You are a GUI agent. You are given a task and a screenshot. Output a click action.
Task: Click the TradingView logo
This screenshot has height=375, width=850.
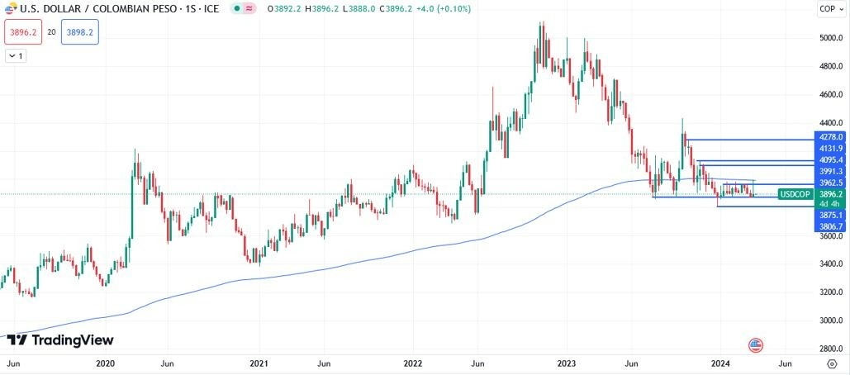coord(59,340)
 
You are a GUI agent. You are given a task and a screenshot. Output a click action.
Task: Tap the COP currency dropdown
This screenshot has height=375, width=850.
coord(829,9)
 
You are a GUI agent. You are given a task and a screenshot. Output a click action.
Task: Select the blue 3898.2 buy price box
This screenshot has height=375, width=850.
coord(79,31)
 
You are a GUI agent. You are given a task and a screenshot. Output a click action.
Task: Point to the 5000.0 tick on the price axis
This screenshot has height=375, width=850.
coord(829,38)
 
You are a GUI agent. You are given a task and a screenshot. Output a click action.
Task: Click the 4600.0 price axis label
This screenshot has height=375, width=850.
coord(829,95)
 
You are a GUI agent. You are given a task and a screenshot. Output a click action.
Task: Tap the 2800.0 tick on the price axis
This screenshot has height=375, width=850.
coord(829,349)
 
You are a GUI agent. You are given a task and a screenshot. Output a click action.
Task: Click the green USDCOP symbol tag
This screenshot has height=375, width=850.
coord(795,194)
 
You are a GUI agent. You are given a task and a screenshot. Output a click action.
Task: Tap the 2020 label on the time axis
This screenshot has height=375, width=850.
coord(105,363)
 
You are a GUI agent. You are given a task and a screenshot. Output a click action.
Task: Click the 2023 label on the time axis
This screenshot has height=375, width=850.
coord(567,363)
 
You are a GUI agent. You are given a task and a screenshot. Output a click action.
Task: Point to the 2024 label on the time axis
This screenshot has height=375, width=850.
coord(721,363)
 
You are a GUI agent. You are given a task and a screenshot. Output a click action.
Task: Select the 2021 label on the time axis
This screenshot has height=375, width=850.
coord(259,363)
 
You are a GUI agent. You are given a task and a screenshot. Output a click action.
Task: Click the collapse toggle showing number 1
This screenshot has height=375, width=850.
coord(16,56)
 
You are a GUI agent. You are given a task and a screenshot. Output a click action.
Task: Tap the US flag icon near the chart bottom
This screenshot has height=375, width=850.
coord(755,345)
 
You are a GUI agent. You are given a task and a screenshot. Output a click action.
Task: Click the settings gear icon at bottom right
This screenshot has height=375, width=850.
coord(831,363)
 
